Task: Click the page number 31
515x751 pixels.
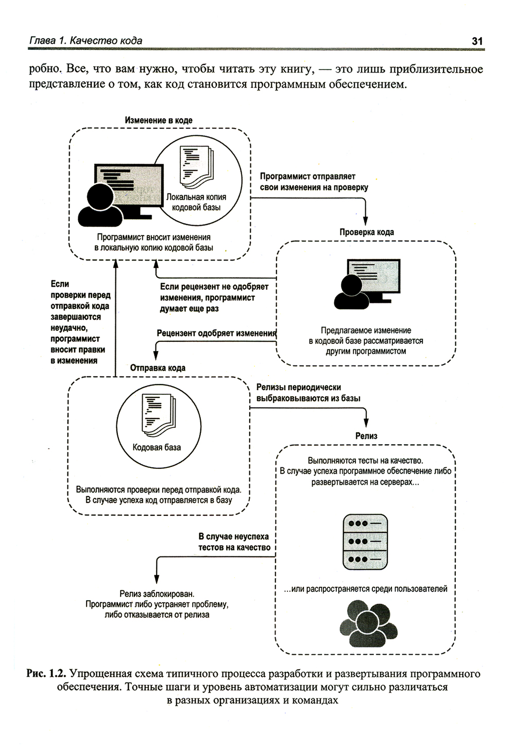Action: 477,41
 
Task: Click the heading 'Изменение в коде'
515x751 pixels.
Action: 159,120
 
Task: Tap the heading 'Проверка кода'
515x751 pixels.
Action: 366,232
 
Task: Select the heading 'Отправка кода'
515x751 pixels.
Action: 158,368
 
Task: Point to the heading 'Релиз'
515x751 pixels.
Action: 366,436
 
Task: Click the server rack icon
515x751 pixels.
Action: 365,541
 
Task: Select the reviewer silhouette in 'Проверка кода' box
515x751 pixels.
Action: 352,292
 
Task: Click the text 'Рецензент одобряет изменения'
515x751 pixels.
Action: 216,334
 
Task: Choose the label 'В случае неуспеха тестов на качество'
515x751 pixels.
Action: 234,542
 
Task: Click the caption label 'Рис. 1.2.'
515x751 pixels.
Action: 46,674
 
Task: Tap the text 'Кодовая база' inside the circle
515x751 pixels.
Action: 157,447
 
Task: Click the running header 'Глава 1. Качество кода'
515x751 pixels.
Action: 85,41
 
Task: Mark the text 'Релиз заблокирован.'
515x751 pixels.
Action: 157,593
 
